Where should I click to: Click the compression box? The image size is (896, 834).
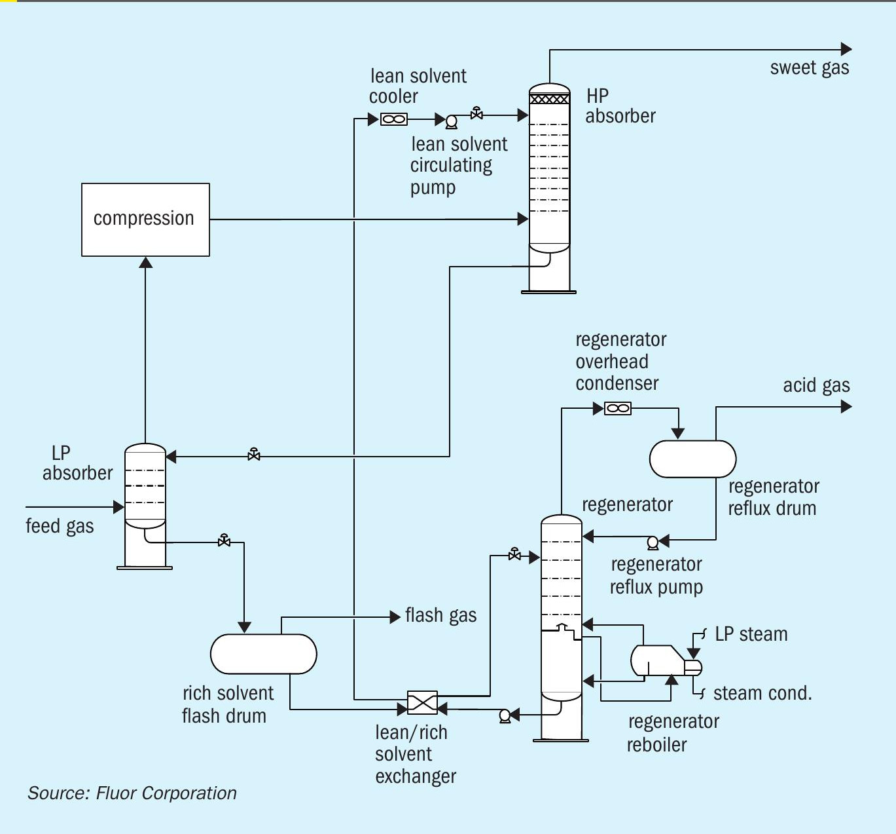tap(145, 219)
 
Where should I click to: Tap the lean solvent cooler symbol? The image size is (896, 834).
tap(393, 119)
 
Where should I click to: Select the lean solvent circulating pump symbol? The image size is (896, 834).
tap(451, 121)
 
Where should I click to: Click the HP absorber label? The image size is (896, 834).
tap(619, 106)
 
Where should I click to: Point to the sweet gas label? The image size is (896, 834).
tap(809, 68)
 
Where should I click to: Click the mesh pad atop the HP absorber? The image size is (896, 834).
tap(549, 99)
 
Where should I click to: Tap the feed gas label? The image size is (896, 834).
tap(60, 526)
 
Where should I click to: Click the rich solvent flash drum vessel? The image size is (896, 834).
tap(263, 654)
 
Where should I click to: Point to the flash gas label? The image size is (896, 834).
tap(440, 615)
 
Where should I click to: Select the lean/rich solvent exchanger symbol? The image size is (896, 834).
tap(422, 703)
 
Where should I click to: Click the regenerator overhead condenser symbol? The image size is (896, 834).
tap(618, 409)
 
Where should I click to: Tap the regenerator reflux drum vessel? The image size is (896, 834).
tap(692, 459)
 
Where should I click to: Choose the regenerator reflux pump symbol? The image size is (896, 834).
tap(652, 542)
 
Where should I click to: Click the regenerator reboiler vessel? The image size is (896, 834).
tap(658, 660)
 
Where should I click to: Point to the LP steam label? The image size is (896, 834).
tap(751, 634)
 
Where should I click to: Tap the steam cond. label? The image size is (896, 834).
tap(762, 693)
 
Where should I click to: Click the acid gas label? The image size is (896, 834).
tap(816, 385)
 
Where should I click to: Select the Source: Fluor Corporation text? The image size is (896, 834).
tap(132, 793)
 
